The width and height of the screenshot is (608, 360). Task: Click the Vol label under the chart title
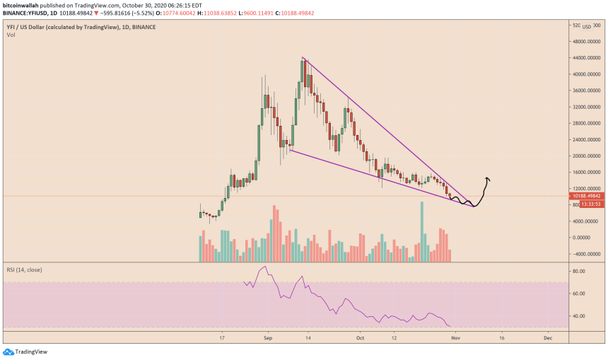(x=11, y=34)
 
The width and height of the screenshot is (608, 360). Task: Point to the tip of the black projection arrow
(x=487, y=177)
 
